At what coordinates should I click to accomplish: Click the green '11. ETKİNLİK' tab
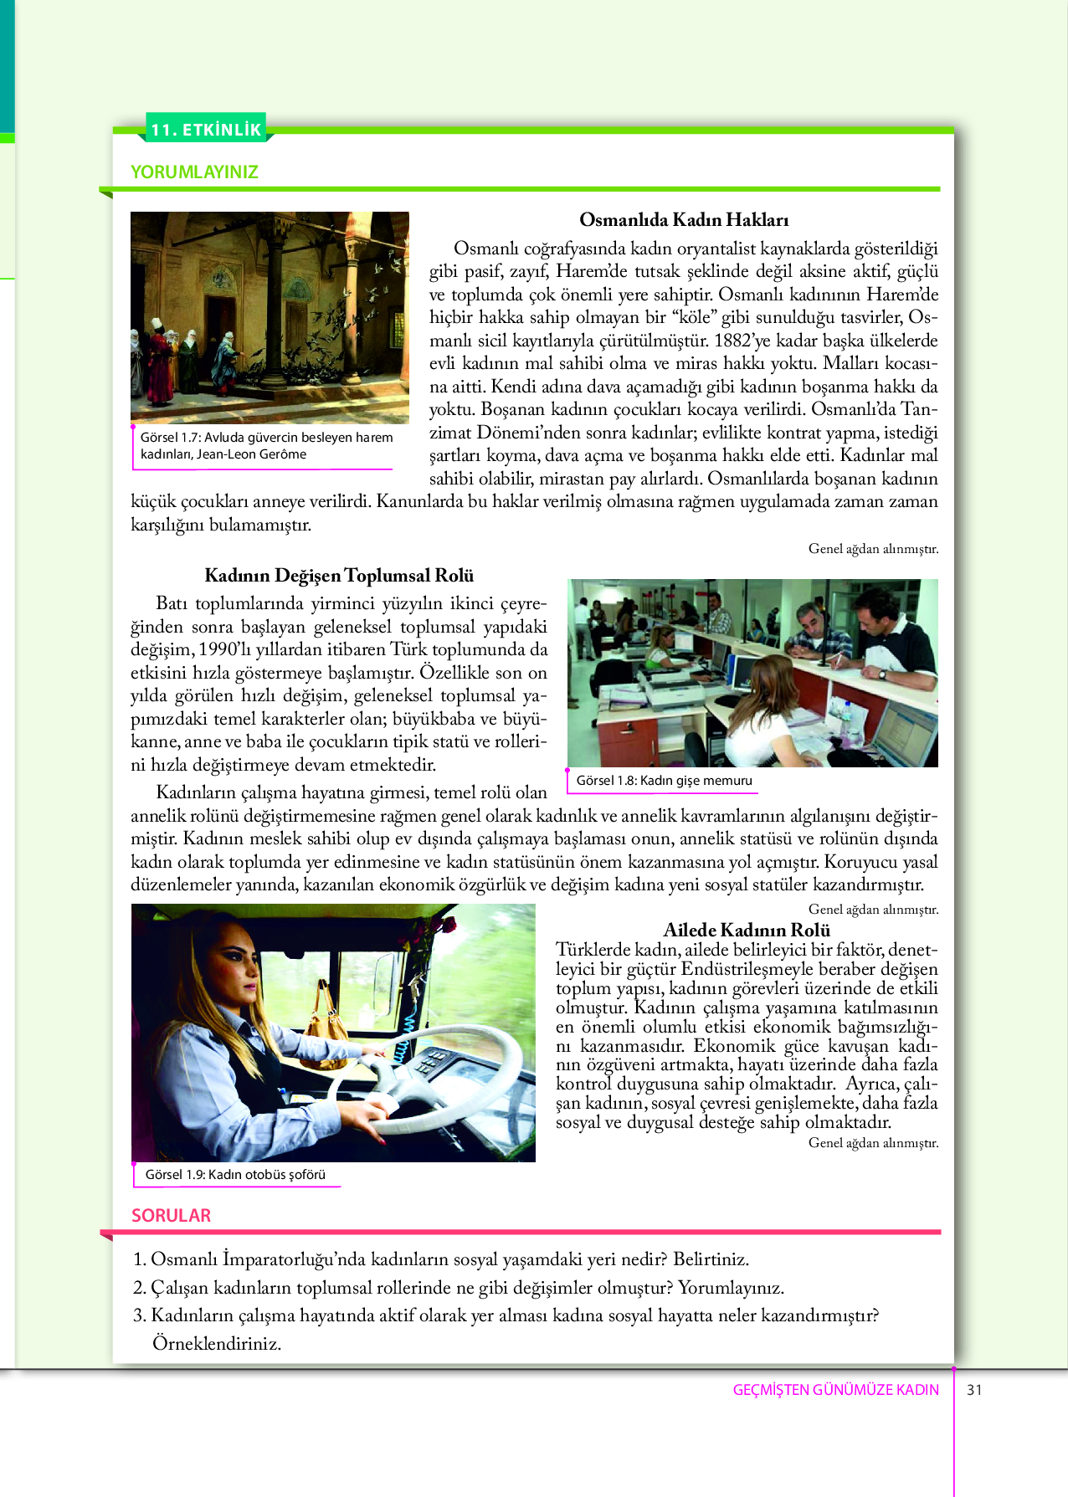point(206,130)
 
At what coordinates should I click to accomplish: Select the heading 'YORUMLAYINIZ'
point(194,172)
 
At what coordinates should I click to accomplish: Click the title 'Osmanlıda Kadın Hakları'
point(684,220)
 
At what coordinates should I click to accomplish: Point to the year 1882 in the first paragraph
point(736,341)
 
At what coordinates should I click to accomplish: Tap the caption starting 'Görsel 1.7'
point(265,446)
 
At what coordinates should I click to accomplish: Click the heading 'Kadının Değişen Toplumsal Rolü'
point(339,576)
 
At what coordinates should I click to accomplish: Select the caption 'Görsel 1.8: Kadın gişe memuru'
point(664,781)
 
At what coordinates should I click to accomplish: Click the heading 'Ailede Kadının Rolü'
point(747,930)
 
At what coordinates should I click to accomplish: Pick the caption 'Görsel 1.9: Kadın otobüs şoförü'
point(235,1175)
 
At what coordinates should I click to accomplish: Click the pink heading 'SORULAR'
point(171,1216)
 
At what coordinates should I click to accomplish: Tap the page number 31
point(974,1390)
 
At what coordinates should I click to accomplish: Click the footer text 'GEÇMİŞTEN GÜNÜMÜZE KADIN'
point(835,1390)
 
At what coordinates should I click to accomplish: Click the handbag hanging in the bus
point(326,1033)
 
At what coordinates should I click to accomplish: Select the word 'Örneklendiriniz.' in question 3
point(216,1344)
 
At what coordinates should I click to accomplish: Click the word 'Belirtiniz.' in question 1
point(711,1259)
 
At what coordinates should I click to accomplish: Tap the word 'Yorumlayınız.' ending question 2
point(731,1288)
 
